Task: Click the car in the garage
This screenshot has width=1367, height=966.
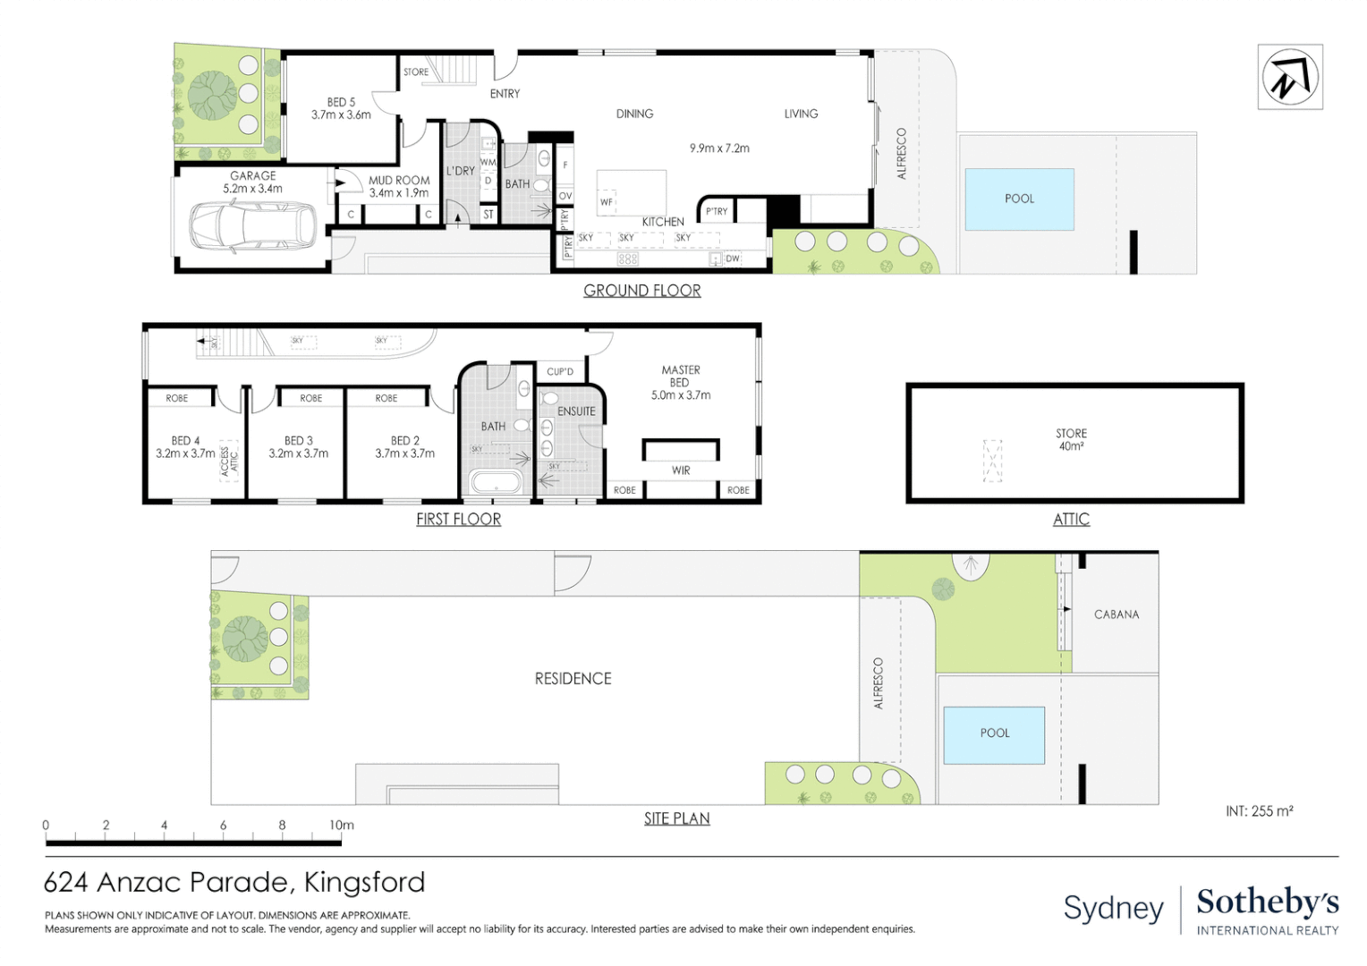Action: coord(252,227)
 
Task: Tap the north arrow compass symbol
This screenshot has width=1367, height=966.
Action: coord(1289,78)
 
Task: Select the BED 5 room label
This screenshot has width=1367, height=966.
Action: coord(341,108)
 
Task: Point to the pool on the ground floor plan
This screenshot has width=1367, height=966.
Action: coord(1019,199)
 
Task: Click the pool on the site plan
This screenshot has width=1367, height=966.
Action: coord(994,733)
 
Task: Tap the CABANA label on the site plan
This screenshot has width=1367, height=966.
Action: coord(1117,614)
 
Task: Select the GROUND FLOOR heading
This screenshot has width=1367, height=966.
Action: coord(641,291)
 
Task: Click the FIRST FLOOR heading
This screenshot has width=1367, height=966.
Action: coord(458,520)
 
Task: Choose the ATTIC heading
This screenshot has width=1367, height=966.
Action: coord(1071,520)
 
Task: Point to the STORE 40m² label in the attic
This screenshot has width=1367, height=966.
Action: coord(1071,439)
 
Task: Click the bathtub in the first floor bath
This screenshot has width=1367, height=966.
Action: coord(496,483)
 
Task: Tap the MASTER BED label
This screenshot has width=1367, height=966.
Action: coord(681,376)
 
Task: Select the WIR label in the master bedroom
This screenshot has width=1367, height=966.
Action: coord(681,470)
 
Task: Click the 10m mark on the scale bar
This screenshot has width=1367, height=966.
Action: coord(341,826)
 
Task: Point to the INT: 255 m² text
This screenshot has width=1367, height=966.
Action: coord(1259,811)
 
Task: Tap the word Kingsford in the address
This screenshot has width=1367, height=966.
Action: coord(364,883)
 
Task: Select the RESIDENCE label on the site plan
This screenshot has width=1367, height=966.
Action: coord(573,679)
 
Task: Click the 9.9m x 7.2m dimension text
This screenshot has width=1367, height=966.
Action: coord(719,148)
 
